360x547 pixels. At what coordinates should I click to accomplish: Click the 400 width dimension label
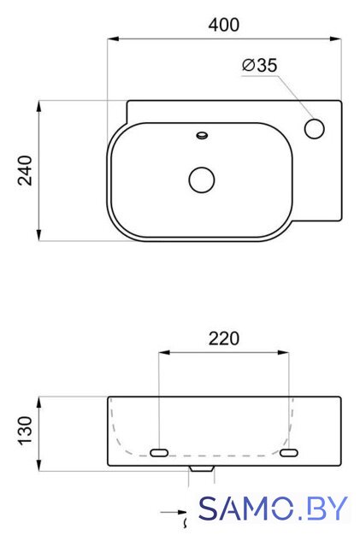(x=224, y=25)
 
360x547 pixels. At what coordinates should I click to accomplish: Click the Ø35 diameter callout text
(x=260, y=65)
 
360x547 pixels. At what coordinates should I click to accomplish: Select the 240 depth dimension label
(x=25, y=171)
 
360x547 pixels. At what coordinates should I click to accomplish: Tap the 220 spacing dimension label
(x=224, y=338)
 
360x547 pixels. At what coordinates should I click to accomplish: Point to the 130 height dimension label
(x=25, y=431)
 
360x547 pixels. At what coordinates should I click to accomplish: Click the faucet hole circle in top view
(x=315, y=128)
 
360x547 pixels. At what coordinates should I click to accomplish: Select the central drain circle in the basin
(x=202, y=179)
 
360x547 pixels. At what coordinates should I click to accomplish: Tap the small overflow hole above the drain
(x=202, y=135)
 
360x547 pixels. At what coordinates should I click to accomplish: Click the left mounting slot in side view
(x=159, y=453)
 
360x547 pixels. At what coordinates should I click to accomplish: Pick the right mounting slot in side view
(x=289, y=453)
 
